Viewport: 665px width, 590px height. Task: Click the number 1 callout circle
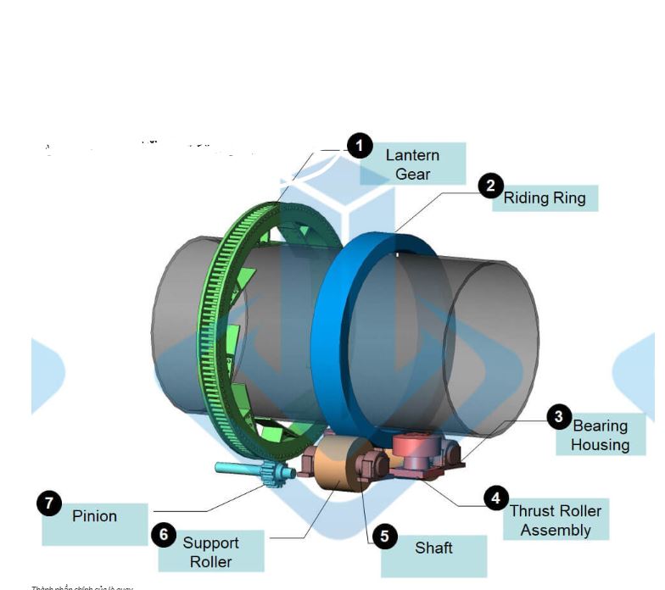(360, 146)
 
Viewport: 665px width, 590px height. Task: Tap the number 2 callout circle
(491, 186)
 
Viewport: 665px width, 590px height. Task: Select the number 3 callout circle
(559, 416)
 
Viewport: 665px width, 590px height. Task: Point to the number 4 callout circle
(496, 498)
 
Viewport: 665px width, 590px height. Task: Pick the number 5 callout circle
(385, 536)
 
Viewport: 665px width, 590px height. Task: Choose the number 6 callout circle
(164, 535)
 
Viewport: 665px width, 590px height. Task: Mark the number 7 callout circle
(49, 504)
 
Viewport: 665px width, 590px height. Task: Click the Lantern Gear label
(412, 164)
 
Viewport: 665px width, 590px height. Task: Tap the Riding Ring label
(545, 198)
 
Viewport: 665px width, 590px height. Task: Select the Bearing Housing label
(600, 435)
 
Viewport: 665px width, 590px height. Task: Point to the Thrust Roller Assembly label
(556, 520)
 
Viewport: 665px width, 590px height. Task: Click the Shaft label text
(433, 548)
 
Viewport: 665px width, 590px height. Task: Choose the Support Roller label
(211, 552)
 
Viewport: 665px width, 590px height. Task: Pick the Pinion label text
(95, 515)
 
